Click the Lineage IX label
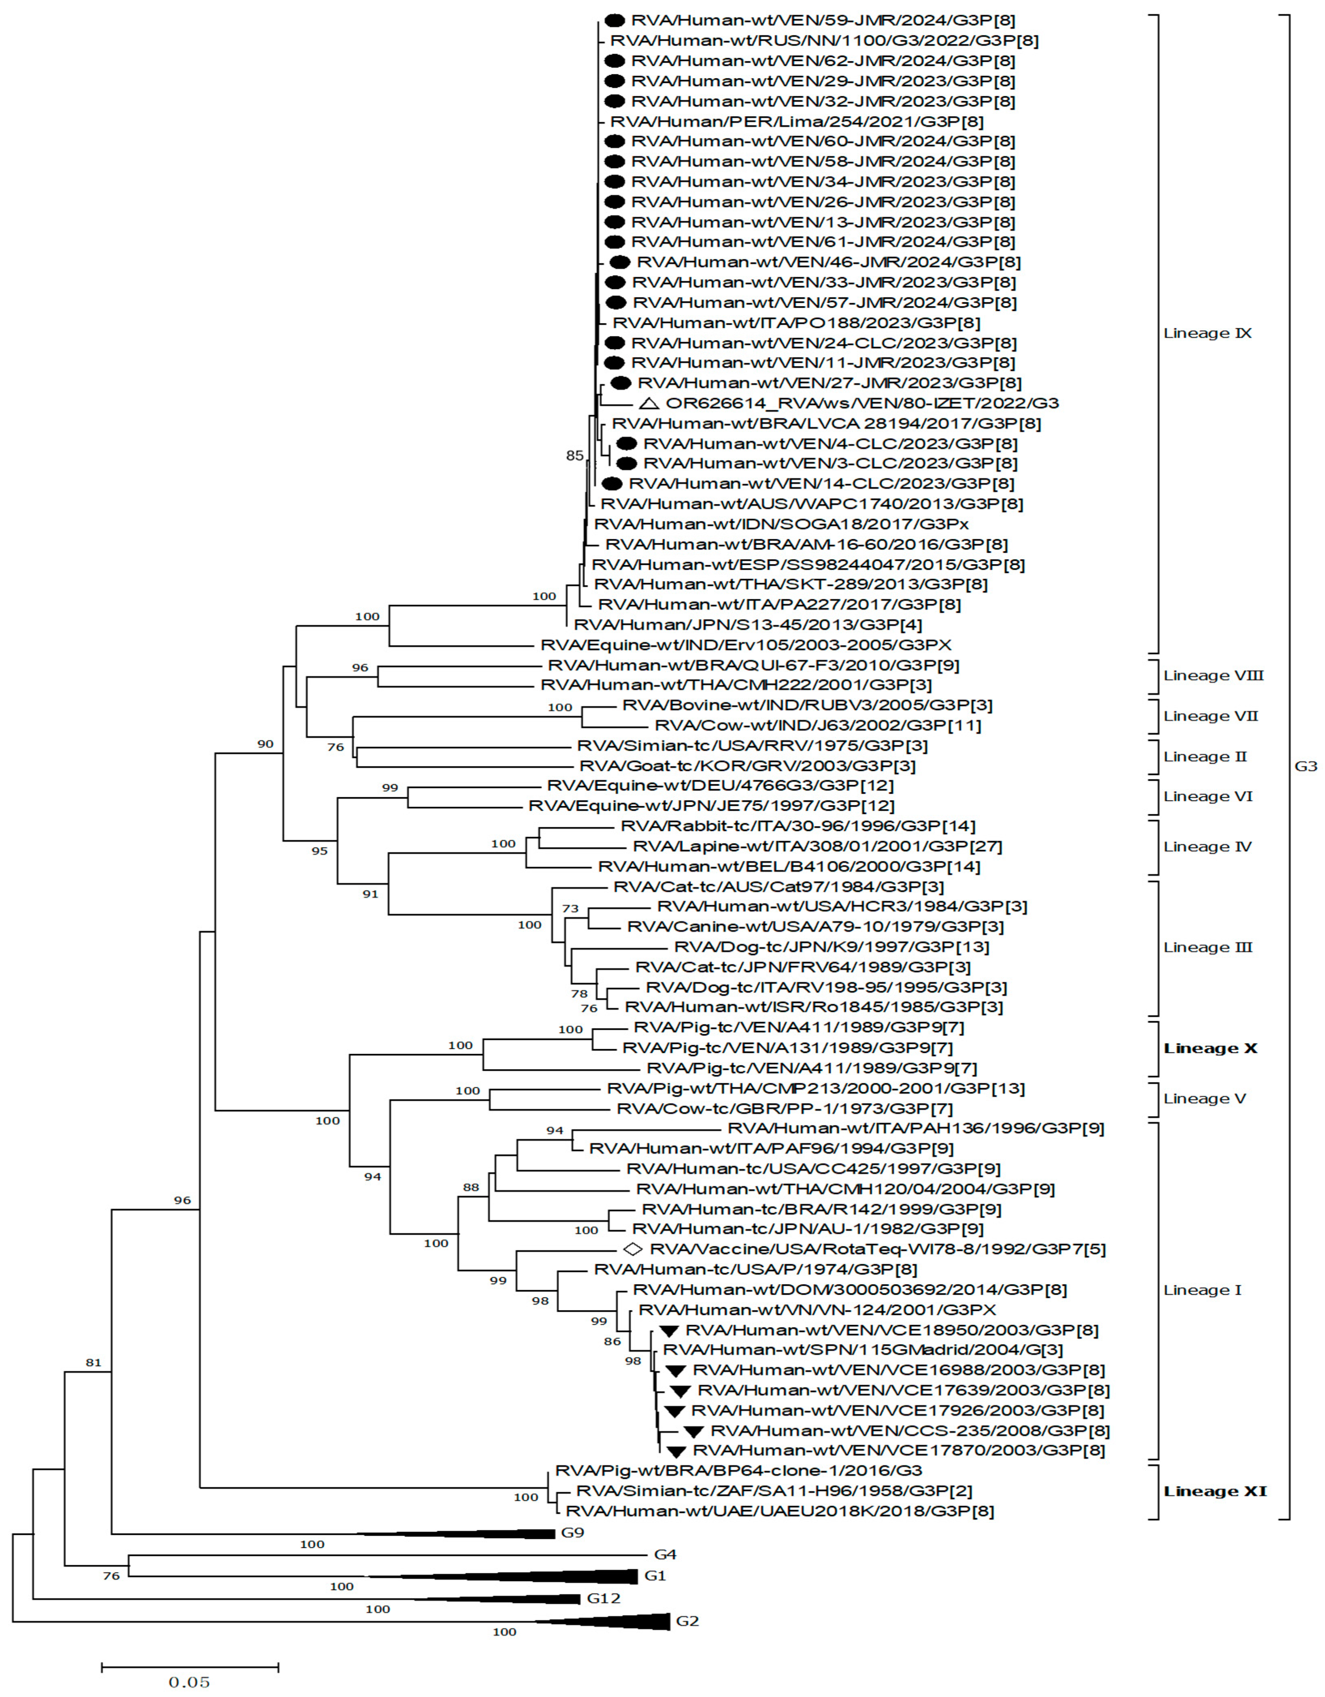click(x=1207, y=333)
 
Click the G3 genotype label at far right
click(x=1306, y=766)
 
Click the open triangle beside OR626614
click(x=649, y=403)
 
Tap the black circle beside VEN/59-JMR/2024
click(x=615, y=20)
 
